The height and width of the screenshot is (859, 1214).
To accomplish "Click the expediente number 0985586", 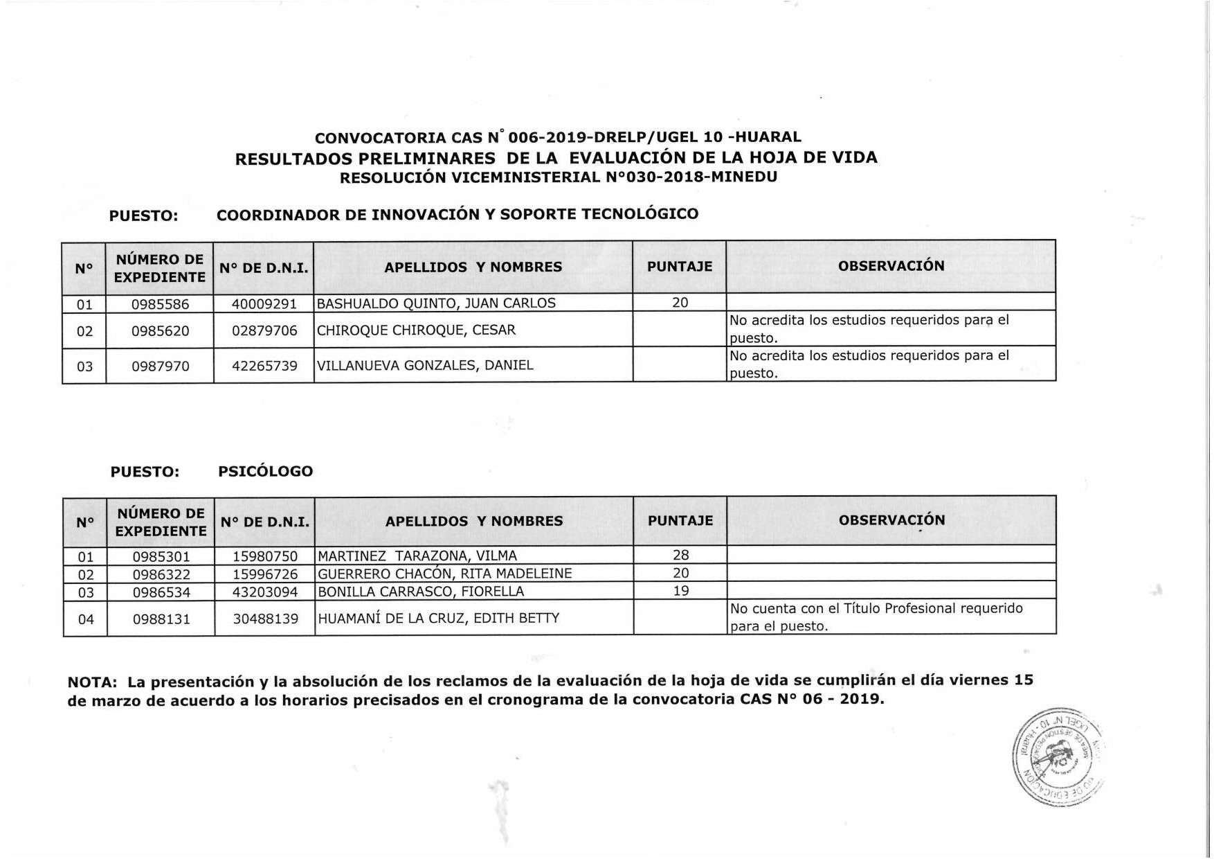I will pos(160,303).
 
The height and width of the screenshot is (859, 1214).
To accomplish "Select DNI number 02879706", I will pos(264,330).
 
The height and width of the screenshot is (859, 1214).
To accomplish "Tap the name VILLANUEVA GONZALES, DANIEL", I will pos(425,365).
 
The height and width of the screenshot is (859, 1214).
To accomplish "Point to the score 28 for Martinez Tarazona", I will pos(680,555).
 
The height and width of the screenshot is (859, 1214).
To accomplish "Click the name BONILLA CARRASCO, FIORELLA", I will pos(421,592).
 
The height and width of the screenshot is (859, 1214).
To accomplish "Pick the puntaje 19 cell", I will pos(680,591).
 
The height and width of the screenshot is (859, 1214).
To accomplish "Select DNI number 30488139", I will pos(265,619).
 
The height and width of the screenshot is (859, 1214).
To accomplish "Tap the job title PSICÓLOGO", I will pos(265,471).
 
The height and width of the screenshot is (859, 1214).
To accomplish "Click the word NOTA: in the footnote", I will pos(92,682).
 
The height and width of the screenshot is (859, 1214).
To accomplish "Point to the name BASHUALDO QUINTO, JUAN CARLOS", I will pos(436,303).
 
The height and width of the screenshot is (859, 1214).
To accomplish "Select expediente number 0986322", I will pos(161,574).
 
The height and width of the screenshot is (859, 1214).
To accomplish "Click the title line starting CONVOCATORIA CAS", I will pos(558,137).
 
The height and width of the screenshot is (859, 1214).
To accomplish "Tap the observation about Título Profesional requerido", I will pos(876,617).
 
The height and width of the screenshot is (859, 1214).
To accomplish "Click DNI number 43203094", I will pos(265,592).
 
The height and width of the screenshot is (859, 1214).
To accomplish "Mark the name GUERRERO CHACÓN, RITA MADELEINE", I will pos(444,574).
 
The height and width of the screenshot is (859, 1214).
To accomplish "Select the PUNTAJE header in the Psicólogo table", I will pos(680,520).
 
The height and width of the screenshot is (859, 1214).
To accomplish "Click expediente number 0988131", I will pos(161,619).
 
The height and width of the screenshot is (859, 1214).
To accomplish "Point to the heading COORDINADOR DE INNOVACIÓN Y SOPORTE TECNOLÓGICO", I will pos(457,214).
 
